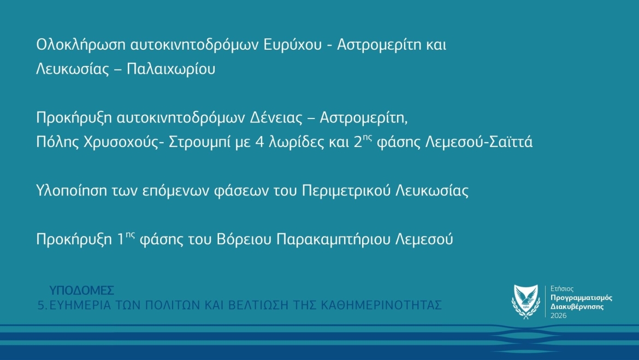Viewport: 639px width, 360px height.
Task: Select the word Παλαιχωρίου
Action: (x=171, y=69)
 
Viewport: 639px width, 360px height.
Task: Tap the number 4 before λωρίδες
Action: (x=260, y=142)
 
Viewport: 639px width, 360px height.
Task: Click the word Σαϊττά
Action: (x=510, y=141)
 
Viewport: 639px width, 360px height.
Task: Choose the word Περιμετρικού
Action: (x=346, y=191)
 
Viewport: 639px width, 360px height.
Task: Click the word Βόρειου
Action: (x=244, y=239)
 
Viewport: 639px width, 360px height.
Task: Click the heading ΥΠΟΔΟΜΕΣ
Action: (x=81, y=290)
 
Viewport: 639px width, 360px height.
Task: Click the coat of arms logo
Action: (x=526, y=302)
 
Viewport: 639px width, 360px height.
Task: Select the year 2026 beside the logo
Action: (x=558, y=316)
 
